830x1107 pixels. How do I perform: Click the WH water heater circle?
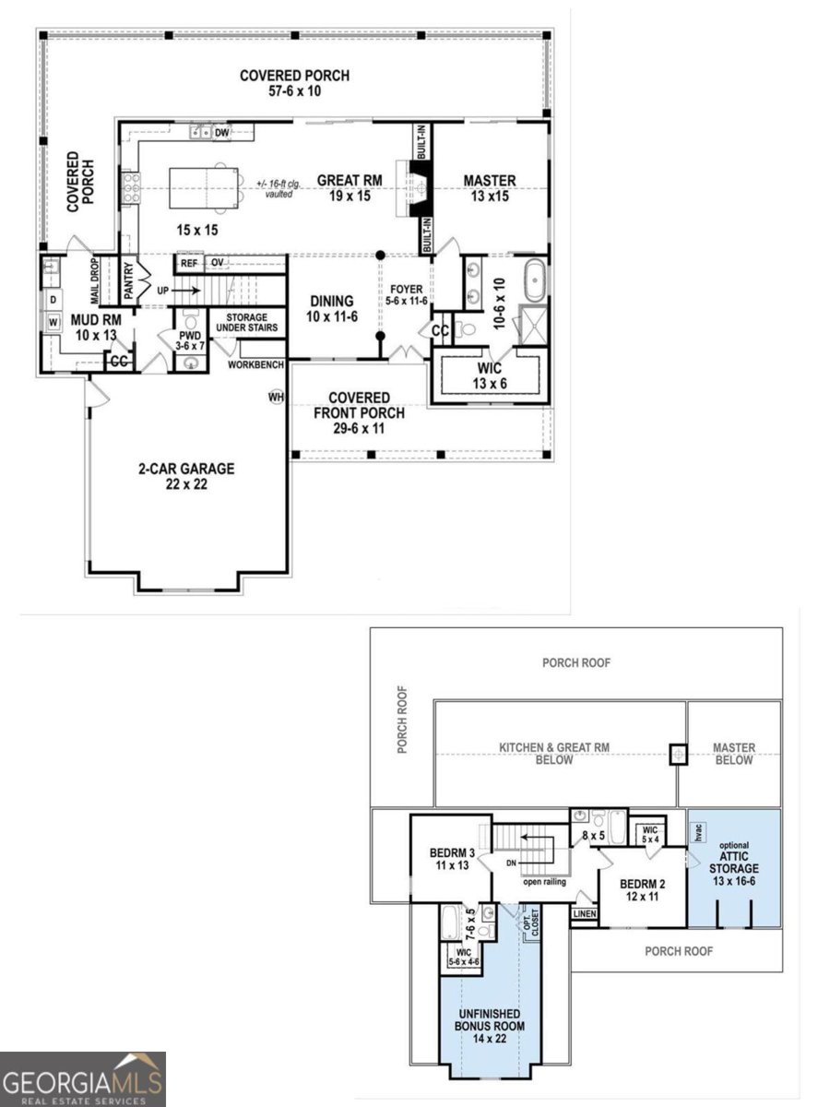click(276, 397)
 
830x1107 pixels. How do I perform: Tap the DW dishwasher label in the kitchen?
click(221, 133)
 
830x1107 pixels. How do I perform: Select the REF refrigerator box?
click(189, 263)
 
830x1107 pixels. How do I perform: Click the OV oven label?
click(218, 263)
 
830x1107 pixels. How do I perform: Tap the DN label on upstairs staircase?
click(512, 863)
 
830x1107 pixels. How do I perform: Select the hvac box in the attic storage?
click(699, 832)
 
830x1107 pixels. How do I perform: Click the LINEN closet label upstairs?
click(585, 913)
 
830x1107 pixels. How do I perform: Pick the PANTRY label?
click(128, 280)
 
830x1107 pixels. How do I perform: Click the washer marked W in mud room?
click(53, 321)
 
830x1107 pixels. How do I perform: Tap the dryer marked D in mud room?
click(53, 300)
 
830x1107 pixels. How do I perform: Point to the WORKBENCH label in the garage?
click(255, 364)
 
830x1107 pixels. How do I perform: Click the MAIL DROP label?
click(95, 281)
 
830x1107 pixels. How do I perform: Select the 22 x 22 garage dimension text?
click(186, 484)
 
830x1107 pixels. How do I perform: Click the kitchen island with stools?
click(204, 188)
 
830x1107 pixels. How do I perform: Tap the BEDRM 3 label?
click(452, 852)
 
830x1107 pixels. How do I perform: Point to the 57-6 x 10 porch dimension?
click(295, 91)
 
